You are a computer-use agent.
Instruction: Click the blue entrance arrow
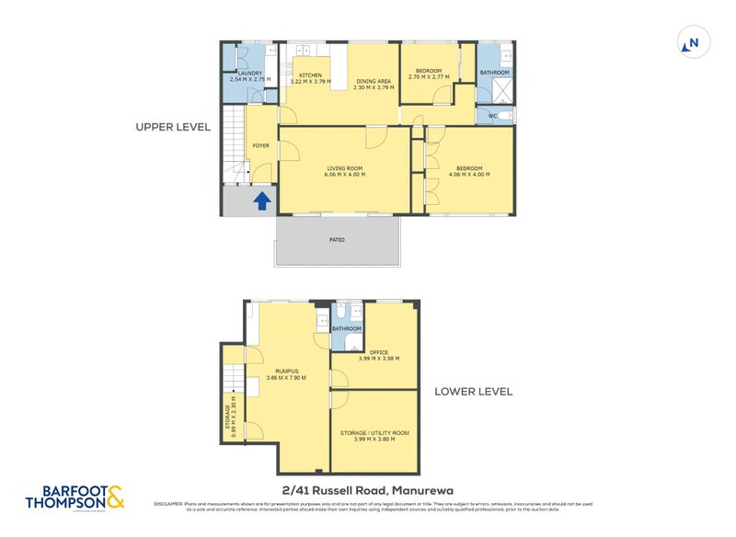[261, 200]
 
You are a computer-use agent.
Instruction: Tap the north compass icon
[692, 42]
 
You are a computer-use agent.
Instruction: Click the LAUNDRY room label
[250, 74]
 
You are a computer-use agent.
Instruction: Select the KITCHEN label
[309, 74]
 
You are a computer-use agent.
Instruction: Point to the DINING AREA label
[374, 81]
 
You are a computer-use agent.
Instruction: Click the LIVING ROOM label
[344, 168]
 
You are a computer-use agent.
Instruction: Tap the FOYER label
[260, 145]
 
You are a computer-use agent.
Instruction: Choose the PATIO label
[338, 240]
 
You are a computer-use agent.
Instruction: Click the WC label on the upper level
[493, 116]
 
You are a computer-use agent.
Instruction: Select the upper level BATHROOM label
[494, 73]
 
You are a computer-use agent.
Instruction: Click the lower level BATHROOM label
[347, 328]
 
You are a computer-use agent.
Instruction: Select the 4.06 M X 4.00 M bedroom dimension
[468, 174]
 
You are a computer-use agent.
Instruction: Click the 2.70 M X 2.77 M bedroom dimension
[429, 77]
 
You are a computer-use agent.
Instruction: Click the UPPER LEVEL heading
[173, 127]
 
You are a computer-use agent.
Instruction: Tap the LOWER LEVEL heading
[473, 392]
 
